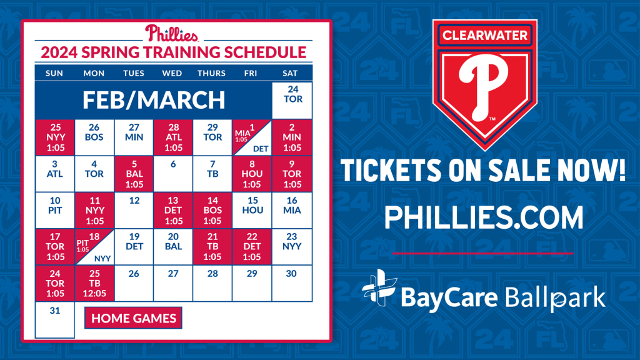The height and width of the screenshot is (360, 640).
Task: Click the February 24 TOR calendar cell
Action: [x=292, y=100]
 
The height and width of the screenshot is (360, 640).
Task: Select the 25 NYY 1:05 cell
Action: [x=54, y=137]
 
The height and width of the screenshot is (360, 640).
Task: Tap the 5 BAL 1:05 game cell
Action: [x=134, y=174]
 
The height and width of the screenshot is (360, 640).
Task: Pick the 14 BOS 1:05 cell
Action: [x=212, y=210]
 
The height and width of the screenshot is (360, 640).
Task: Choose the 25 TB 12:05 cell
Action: [x=94, y=283]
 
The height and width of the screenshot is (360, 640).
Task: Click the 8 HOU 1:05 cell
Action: [x=251, y=174]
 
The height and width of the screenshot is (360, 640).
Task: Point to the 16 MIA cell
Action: [x=291, y=210]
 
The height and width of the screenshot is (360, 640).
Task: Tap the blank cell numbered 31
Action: [x=54, y=319]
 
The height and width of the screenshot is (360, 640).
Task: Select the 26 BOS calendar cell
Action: [x=94, y=137]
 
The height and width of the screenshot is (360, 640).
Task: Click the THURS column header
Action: [x=212, y=73]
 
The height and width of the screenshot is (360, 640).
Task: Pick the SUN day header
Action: [x=54, y=73]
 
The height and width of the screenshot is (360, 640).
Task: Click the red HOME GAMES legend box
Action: [x=134, y=318]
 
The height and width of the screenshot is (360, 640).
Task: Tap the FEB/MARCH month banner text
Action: [x=153, y=100]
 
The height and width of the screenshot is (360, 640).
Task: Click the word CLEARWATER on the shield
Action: [x=484, y=36]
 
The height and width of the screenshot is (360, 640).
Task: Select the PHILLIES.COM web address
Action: [x=484, y=217]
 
